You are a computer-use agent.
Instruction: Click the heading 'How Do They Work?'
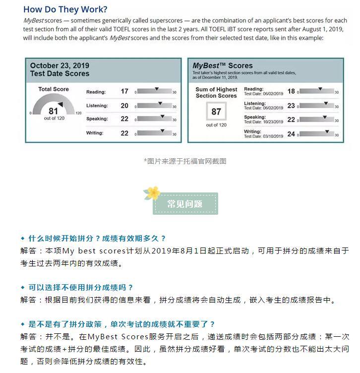[x=65, y=9]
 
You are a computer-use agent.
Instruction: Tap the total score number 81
[x=53, y=111]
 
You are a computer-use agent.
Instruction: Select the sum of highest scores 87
[x=216, y=112]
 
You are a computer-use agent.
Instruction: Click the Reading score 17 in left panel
[x=124, y=92]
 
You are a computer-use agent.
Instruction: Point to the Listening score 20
[x=124, y=106]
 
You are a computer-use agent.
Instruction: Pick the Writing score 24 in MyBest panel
[x=291, y=134]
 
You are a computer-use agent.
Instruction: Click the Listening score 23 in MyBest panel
[x=291, y=106]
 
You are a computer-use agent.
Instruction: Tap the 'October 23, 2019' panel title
[x=60, y=69]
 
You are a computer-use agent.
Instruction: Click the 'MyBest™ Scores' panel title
[x=222, y=65]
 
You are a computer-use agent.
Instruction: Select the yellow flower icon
[x=153, y=192]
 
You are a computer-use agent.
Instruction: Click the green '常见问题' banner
[x=185, y=204]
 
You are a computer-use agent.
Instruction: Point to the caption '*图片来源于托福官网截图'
[x=185, y=161]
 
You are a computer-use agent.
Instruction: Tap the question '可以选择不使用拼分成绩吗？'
[x=81, y=287]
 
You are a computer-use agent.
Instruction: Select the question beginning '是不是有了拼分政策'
[x=122, y=324]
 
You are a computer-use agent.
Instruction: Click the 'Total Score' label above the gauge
[x=54, y=89]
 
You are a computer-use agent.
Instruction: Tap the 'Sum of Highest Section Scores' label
[x=216, y=93]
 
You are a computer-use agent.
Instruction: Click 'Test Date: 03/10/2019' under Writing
[x=263, y=136]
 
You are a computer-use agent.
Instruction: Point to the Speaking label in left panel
[x=97, y=119]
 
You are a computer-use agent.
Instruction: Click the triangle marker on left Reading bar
[x=157, y=89]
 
